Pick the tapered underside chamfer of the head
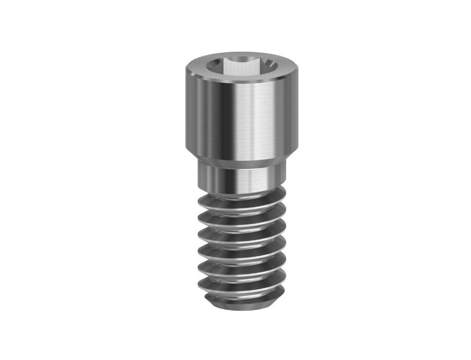tap(235, 156)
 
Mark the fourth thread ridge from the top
tap(241, 246)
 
